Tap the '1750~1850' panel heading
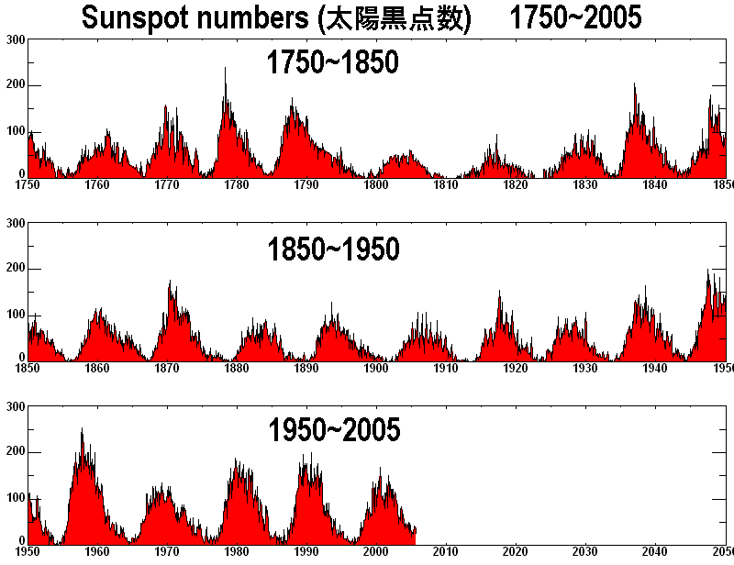[x=332, y=62]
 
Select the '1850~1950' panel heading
[x=333, y=248]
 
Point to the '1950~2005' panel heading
[x=334, y=429]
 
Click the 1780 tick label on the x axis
[x=237, y=185]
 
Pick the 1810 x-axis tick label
[x=446, y=185]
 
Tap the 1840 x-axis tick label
[x=655, y=185]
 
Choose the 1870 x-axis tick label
[x=167, y=369]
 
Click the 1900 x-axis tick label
[x=376, y=369]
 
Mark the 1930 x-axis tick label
[x=585, y=369]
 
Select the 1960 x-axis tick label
[x=97, y=552]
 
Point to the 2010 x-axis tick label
[x=446, y=552]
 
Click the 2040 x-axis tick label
[x=655, y=552]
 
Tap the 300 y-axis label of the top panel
[x=15, y=40]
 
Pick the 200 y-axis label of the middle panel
[x=15, y=269]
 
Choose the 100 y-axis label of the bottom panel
[x=15, y=497]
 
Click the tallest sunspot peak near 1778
[x=225, y=70]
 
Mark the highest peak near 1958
[x=82, y=429]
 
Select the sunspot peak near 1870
[x=170, y=283]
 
